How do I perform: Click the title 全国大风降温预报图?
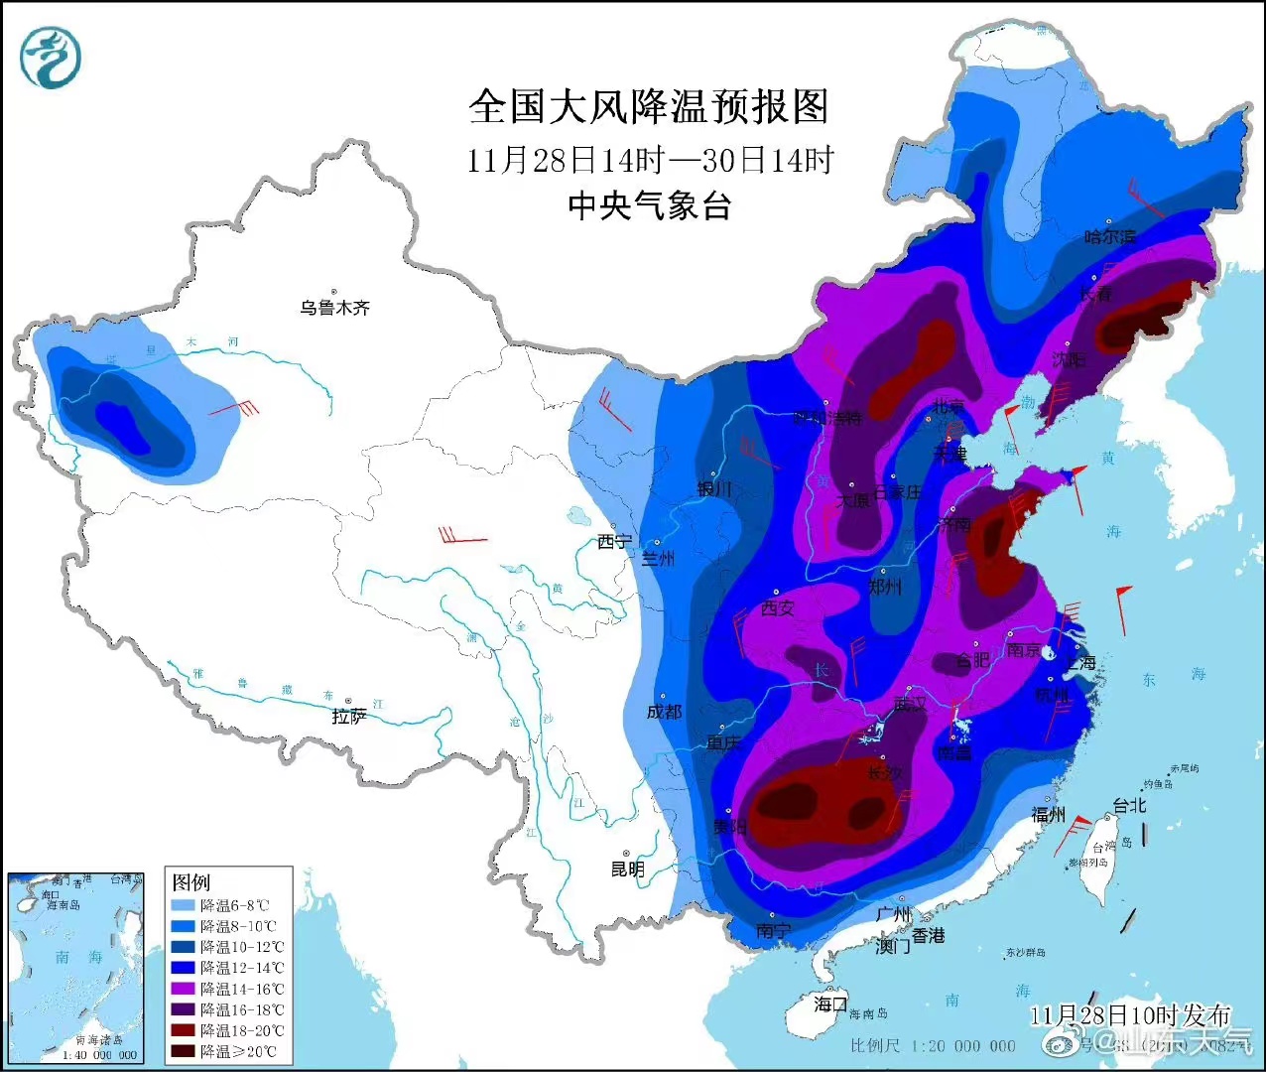648,106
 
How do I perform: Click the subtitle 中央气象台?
649,205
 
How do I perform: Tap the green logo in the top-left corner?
51,56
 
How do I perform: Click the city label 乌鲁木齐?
335,308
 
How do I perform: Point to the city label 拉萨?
348,716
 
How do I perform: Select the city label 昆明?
627,869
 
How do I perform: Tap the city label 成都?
664,712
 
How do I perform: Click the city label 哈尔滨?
1110,237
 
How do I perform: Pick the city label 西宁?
614,542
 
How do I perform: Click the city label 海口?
830,1004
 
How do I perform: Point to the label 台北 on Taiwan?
1129,805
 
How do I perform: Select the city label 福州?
1048,815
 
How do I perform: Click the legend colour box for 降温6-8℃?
185,905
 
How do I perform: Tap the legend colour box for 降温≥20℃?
185,1051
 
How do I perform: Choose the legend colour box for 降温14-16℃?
185,989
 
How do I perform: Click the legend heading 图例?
191,882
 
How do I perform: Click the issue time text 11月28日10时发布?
1129,1014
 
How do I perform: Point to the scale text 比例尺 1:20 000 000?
933,1045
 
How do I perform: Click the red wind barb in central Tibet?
462,537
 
